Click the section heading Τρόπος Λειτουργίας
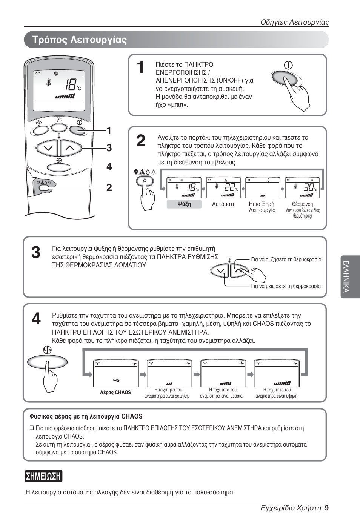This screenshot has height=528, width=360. coord(80,40)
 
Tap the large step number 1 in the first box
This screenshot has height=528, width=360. coord(140,68)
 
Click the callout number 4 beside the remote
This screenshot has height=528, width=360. coord(109,167)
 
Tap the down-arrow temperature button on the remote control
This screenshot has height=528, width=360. coord(49,148)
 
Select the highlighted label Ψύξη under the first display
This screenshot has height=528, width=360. coord(184,204)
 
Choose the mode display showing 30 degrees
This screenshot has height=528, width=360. coord(302,187)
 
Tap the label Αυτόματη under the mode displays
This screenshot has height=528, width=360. coord(224,204)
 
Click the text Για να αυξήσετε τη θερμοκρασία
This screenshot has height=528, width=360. coord(286,259)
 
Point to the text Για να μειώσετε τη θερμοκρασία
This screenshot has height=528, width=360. coord(286,286)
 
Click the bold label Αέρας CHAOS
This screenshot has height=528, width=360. coord(115,393)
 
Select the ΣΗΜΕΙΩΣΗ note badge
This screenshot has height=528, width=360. coord(44,476)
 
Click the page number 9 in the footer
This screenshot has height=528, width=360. coord(327,508)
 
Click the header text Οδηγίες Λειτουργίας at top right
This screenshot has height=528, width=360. coord(295,22)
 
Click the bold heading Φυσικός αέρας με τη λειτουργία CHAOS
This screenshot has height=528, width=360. coord(86,417)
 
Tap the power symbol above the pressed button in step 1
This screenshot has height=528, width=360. coord(288,65)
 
